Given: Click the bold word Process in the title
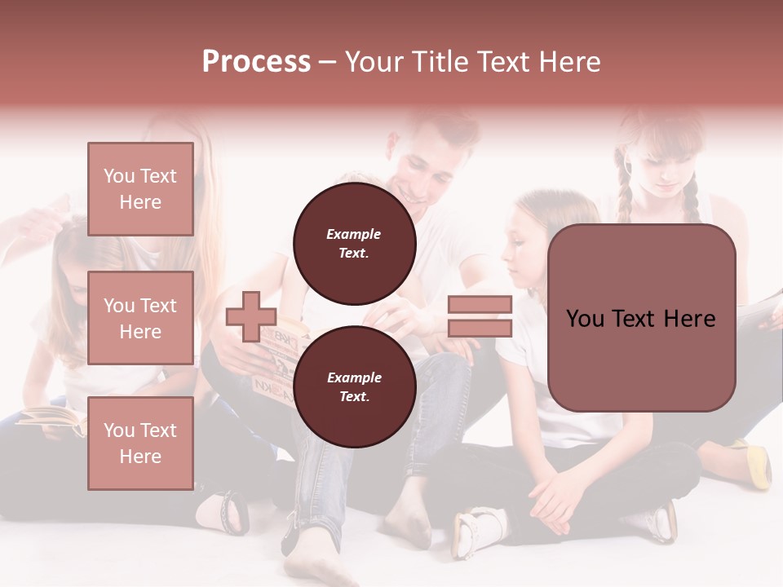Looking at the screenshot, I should pos(256,62).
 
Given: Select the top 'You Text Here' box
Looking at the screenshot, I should pos(140,189).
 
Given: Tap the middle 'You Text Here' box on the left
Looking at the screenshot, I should pos(140,318).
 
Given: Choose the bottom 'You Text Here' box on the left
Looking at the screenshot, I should pos(140,444).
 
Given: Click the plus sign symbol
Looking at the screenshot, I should pos(251,317).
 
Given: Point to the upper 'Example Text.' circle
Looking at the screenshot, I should pos(355,243).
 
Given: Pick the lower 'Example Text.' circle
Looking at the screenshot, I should pos(355,386).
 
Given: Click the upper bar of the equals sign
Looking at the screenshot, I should pos(480,305).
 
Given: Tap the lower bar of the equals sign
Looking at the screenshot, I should pos(480,328).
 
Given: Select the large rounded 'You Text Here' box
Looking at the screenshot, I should pos(641,318).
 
